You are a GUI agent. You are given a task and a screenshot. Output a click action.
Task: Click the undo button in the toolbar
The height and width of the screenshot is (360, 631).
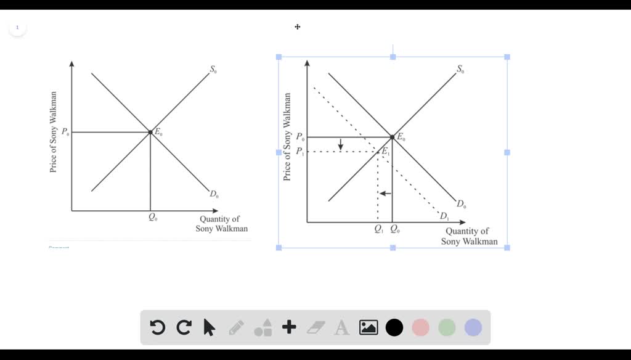158,327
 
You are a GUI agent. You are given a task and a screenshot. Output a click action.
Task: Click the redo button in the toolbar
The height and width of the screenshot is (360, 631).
184,327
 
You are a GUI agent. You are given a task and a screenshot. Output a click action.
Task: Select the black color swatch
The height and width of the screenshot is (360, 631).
394,327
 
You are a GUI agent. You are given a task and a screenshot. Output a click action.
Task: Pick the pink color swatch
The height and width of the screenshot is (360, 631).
420,327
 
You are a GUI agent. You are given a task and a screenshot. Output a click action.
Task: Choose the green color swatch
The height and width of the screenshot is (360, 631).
447,327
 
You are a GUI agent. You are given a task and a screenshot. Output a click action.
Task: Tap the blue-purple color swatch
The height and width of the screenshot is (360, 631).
473,327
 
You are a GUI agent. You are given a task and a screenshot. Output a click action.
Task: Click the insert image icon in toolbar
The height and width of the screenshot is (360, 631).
368,327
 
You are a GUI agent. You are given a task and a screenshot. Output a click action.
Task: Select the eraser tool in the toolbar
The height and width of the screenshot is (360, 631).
315,327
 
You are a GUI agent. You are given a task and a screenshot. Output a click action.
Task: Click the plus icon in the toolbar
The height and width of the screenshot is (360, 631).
289,327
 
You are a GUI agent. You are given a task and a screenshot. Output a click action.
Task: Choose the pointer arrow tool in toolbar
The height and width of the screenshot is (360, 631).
210,327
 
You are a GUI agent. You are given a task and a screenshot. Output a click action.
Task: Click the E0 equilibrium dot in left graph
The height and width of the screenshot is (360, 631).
150,132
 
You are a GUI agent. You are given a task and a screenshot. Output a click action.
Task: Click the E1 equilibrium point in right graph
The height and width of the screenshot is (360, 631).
378,152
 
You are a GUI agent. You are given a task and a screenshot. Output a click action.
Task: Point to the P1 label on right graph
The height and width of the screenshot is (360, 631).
299,152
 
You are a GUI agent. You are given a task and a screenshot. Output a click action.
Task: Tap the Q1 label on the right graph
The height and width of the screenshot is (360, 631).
378,229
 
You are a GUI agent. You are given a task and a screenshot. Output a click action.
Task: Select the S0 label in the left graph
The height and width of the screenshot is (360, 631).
213,70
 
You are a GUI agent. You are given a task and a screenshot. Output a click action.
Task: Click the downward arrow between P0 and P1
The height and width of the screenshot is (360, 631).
340,144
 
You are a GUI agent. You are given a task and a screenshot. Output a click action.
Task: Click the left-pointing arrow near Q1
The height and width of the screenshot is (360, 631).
385,194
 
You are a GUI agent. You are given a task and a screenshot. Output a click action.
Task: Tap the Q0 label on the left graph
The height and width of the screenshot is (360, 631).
152,218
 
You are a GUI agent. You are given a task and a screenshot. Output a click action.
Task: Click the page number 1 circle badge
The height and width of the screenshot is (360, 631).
17,28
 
